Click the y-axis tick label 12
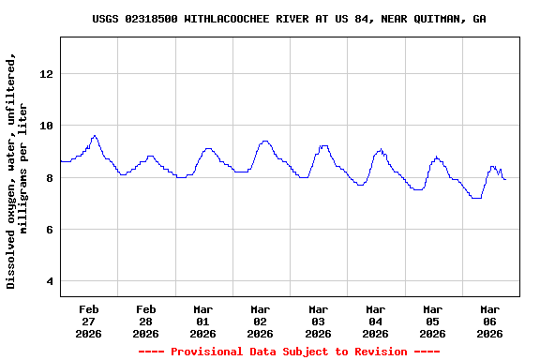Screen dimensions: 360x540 pos(47,74)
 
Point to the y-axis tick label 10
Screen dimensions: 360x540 pos(47,126)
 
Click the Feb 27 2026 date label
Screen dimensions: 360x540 pos(89,321)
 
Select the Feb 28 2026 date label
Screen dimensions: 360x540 pos(145,321)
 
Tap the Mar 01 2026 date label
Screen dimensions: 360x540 pos(203,321)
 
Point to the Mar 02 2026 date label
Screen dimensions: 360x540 pos(261,321)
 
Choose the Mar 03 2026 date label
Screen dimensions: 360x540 pos(318,321)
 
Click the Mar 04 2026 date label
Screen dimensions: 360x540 pos(375,321)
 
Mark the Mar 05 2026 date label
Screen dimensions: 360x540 pos(432,321)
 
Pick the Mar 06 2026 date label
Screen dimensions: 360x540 pos(489,321)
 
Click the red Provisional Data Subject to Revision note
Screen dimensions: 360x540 pos(289,352)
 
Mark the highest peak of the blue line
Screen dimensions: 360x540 pos(94,136)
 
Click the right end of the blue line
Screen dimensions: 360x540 pos(505,179)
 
